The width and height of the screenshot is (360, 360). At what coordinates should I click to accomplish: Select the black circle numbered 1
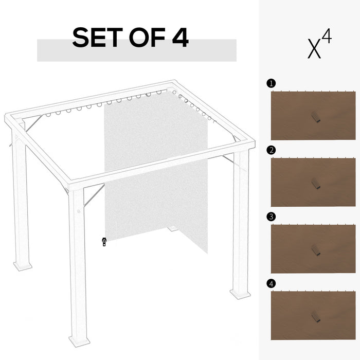coord(271,83)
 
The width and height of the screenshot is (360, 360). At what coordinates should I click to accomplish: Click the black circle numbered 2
coord(271,150)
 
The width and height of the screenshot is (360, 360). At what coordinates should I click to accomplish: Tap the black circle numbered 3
coord(271,217)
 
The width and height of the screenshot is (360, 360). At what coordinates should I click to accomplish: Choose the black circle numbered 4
coord(271,283)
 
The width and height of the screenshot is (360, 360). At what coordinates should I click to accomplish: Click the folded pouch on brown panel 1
coord(314,117)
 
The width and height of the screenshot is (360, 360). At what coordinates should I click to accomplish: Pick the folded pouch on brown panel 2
coord(314,184)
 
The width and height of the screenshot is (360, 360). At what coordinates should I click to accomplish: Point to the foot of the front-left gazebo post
coord(80,341)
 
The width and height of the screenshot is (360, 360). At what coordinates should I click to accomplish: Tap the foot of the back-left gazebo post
coord(23,266)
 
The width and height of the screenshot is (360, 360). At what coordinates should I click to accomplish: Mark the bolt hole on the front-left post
coord(79,210)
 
